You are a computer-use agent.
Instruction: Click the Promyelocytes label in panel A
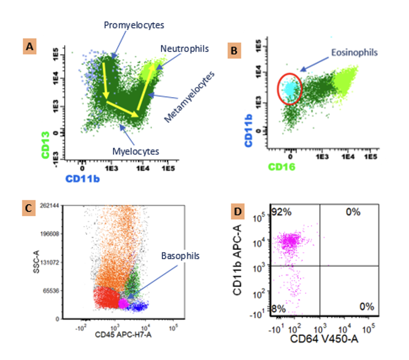(x=134, y=25)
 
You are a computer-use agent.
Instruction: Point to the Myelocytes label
(x=136, y=151)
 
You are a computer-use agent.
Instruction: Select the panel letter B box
(x=235, y=51)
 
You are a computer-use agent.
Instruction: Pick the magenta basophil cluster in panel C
(x=122, y=303)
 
